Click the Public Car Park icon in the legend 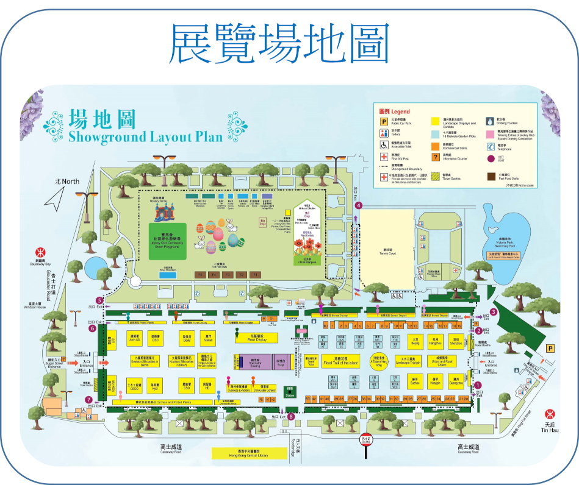(384, 121)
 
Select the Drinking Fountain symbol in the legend (490, 121)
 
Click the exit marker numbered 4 (359, 205)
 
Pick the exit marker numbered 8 (291, 417)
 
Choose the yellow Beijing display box (415, 342)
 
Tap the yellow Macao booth (208, 338)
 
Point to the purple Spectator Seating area (256, 362)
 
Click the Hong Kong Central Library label (249, 453)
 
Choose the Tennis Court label (386, 249)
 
